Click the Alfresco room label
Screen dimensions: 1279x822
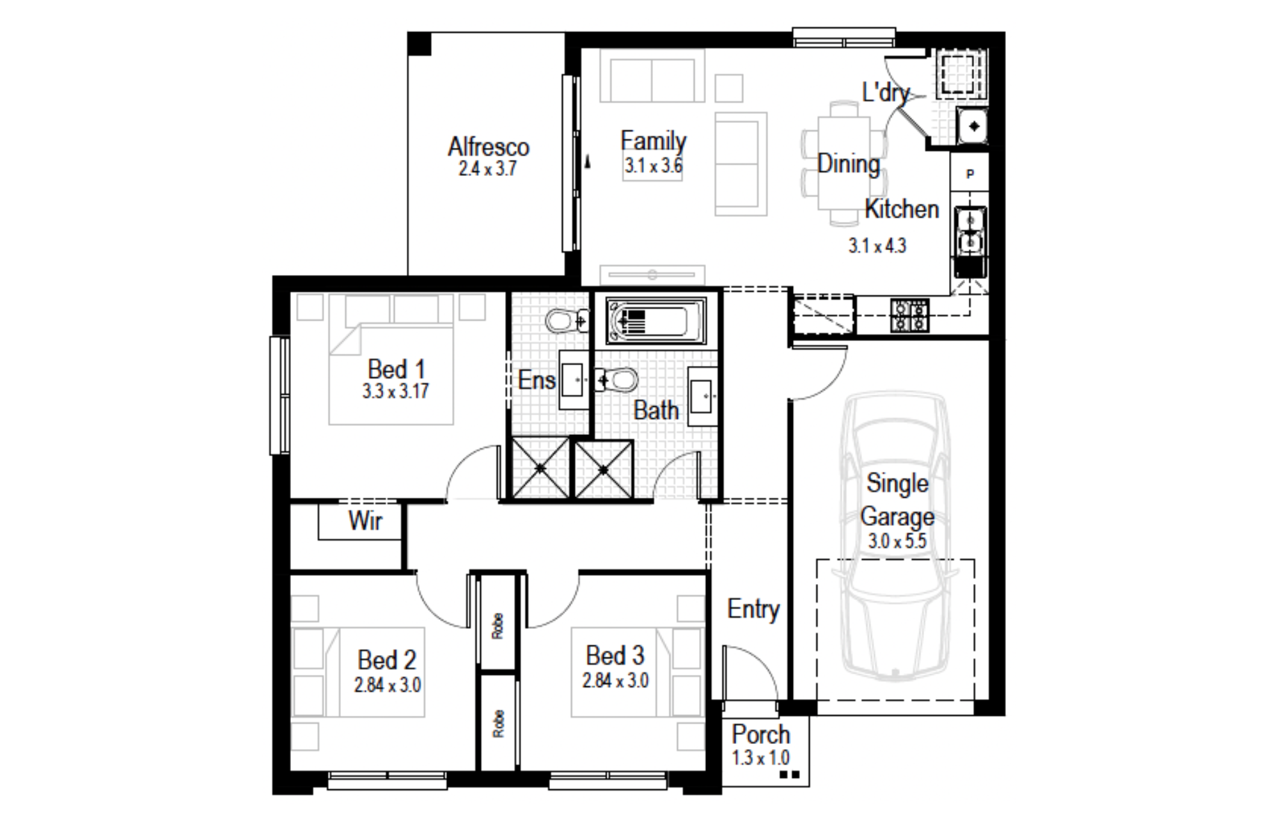pyautogui.click(x=489, y=147)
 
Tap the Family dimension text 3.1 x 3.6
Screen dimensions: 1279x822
pyautogui.click(x=653, y=166)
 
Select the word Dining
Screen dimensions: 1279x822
pyautogui.click(x=849, y=164)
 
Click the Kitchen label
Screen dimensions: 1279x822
pyautogui.click(x=902, y=209)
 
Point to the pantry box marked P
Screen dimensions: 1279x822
pyautogui.click(x=969, y=173)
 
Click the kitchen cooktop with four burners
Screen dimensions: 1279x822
pyautogui.click(x=909, y=315)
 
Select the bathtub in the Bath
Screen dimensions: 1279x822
pyautogui.click(x=656, y=321)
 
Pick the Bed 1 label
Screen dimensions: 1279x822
pyautogui.click(x=396, y=369)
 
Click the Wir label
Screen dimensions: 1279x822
pyautogui.click(x=365, y=521)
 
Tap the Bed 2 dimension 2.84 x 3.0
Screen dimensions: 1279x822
pyautogui.click(x=388, y=685)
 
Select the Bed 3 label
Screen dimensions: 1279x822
pyautogui.click(x=615, y=656)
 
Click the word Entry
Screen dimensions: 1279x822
pyautogui.click(x=753, y=609)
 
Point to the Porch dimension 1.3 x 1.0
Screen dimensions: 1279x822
pyautogui.click(x=760, y=758)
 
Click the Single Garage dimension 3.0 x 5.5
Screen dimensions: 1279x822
pyautogui.click(x=897, y=541)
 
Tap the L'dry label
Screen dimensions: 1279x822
pyautogui.click(x=886, y=93)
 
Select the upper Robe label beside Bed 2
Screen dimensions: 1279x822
pyautogui.click(x=498, y=626)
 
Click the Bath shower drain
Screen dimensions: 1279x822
pyautogui.click(x=604, y=470)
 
